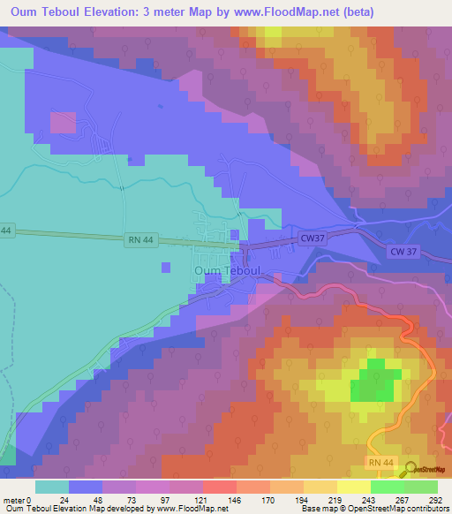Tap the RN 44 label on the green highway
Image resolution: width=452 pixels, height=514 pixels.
click(x=135, y=238)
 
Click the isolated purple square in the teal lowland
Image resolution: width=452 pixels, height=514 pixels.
click(x=165, y=267)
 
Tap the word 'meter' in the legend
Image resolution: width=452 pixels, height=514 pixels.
click(x=13, y=500)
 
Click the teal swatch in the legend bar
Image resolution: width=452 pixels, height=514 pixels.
click(x=52, y=487)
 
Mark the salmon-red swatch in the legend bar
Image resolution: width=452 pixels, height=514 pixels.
click(x=219, y=487)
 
